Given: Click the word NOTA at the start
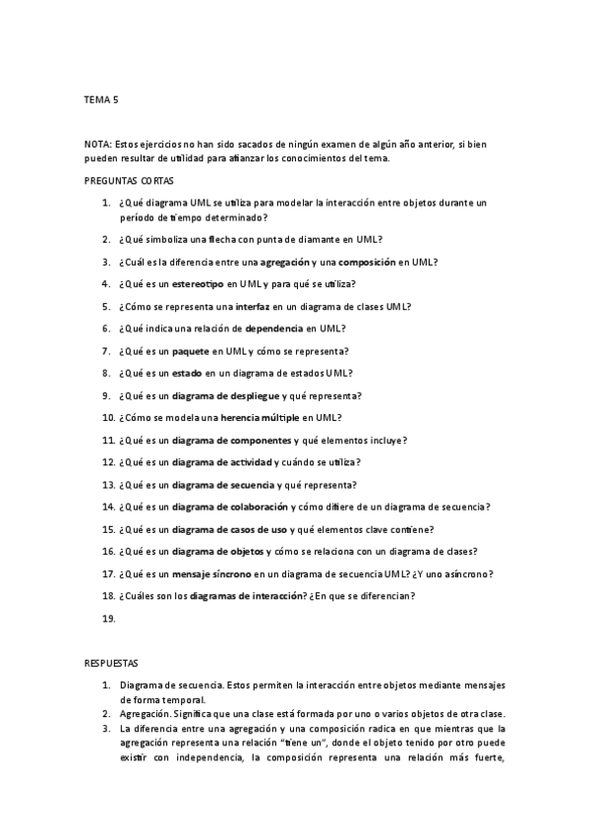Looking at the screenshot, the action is point(97,144).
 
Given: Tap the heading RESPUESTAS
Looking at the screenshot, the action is point(112,664).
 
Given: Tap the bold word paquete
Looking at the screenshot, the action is point(193,351).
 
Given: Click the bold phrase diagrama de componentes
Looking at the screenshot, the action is point(231,440).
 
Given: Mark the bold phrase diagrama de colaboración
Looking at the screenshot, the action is point(230,506).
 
